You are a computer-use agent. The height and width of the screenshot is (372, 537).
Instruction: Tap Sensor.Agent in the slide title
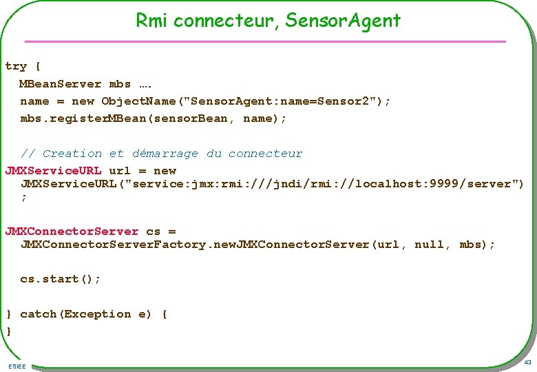click(343, 21)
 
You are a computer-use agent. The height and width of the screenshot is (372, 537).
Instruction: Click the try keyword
click(16, 66)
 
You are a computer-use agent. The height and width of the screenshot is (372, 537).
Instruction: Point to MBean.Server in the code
click(61, 84)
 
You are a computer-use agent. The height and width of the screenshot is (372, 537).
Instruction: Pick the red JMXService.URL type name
click(53, 170)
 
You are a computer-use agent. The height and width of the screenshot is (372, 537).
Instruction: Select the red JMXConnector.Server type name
click(72, 231)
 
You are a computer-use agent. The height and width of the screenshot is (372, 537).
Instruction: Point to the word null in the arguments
click(430, 245)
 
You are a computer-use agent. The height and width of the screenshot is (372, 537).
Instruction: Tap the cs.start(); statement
click(61, 279)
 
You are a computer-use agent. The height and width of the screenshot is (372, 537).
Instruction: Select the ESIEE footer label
click(17, 366)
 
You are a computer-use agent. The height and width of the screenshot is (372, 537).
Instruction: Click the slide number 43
click(527, 362)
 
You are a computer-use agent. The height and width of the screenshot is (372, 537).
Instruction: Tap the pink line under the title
click(265, 41)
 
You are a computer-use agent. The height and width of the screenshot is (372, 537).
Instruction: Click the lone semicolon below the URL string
click(24, 197)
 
